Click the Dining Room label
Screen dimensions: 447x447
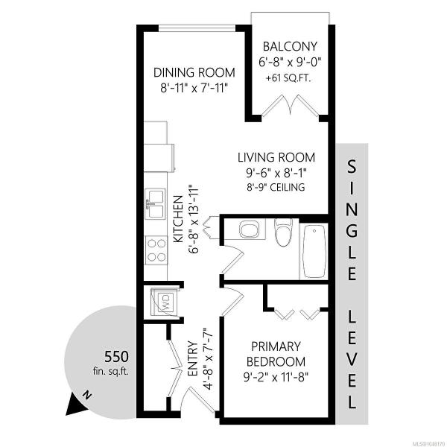coord(194,73)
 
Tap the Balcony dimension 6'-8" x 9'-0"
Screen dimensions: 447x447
coord(290,62)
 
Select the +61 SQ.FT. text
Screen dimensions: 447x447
coord(288,78)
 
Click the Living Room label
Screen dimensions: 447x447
coord(276,157)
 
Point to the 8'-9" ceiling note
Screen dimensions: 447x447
coord(276,187)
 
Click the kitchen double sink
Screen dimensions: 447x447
coord(156,203)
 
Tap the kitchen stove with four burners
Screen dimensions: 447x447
coord(156,250)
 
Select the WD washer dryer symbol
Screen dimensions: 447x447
coord(164,302)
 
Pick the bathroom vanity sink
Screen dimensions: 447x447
coord(250,229)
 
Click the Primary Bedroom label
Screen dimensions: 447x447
coord(276,354)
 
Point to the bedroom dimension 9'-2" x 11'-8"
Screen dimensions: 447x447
coord(276,378)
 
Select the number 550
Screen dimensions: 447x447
coord(116,357)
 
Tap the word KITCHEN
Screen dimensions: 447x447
coord(179,219)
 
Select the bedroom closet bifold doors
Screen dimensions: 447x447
coord(298,314)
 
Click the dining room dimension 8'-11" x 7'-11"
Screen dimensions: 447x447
coord(194,88)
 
